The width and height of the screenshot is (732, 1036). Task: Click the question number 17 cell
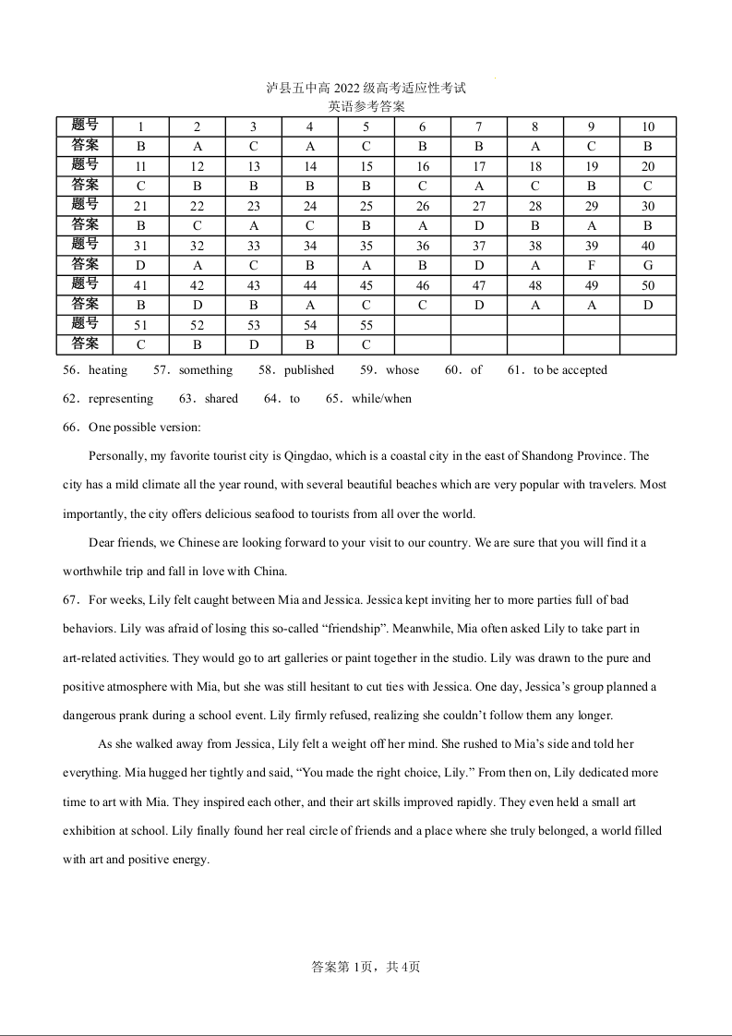tap(479, 167)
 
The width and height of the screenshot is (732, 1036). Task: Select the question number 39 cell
tap(592, 246)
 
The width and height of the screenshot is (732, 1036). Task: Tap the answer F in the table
tap(592, 265)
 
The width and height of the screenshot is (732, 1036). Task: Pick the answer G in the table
tap(648, 265)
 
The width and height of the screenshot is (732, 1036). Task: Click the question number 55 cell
tap(366, 325)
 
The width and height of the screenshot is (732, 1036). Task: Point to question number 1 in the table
tap(140, 127)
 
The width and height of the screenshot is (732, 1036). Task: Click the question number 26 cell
tap(423, 207)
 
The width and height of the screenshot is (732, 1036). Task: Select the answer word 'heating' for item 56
tap(108, 370)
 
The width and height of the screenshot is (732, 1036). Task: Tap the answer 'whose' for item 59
tap(402, 370)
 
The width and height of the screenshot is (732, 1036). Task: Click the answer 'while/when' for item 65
tap(381, 399)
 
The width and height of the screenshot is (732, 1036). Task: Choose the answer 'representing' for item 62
tap(121, 399)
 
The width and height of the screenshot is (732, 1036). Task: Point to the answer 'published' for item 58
tap(309, 370)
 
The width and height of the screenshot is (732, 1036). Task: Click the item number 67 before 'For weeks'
tap(71, 600)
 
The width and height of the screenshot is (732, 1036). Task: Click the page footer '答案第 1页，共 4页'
tap(366, 967)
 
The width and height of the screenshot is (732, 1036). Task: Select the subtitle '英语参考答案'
tap(366, 106)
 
